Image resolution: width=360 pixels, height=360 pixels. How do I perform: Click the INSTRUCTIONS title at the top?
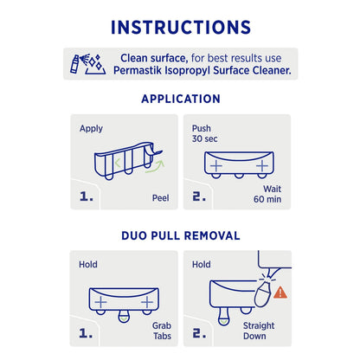tap(180, 26)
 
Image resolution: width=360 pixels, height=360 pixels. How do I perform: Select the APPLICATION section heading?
tap(180, 99)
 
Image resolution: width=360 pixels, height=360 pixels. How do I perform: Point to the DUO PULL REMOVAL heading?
tap(180, 234)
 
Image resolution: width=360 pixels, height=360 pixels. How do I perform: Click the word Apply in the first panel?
tap(91, 129)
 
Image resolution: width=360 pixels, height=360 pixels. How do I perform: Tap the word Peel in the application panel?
tap(160, 197)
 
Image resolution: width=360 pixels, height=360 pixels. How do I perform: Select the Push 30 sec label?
tap(204, 133)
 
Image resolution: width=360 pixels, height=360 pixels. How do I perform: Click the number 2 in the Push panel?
tap(199, 196)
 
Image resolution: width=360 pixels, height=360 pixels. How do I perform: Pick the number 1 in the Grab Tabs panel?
tap(86, 331)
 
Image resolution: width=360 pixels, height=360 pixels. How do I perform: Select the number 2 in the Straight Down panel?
tap(199, 331)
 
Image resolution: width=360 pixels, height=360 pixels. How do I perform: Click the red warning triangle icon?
tap(280, 293)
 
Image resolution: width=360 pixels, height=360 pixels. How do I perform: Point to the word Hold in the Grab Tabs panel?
tap(88, 264)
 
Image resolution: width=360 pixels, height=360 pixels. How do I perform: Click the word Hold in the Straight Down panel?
tap(202, 264)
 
